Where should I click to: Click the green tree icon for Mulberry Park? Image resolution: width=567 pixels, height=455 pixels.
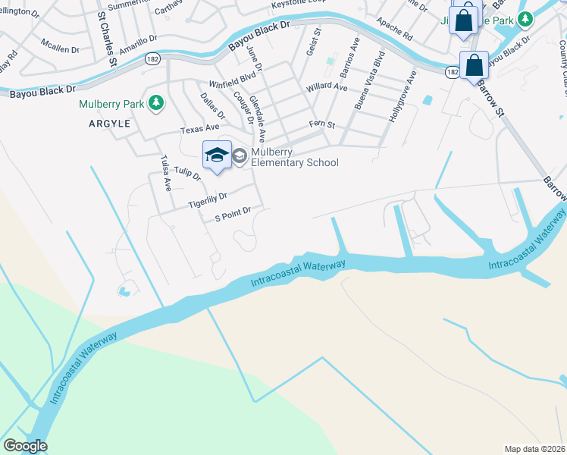click(x=156, y=102)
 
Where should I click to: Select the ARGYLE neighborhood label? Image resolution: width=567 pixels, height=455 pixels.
click(x=109, y=123)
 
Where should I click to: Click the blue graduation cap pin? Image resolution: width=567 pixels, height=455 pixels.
click(x=217, y=155)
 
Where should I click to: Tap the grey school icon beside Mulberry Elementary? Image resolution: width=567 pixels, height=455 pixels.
click(x=240, y=156)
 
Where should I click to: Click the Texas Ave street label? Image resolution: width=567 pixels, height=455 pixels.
click(x=196, y=130)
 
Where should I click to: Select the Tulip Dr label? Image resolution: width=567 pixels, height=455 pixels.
click(x=187, y=174)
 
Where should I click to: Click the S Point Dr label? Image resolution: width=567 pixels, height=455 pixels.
click(x=233, y=215)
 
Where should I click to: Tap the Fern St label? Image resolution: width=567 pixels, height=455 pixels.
click(x=321, y=124)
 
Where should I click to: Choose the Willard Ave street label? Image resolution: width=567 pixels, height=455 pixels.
click(x=327, y=88)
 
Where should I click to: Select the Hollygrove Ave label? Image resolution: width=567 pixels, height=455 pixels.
click(x=401, y=95)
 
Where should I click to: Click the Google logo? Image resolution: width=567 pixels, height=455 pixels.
click(x=25, y=445)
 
